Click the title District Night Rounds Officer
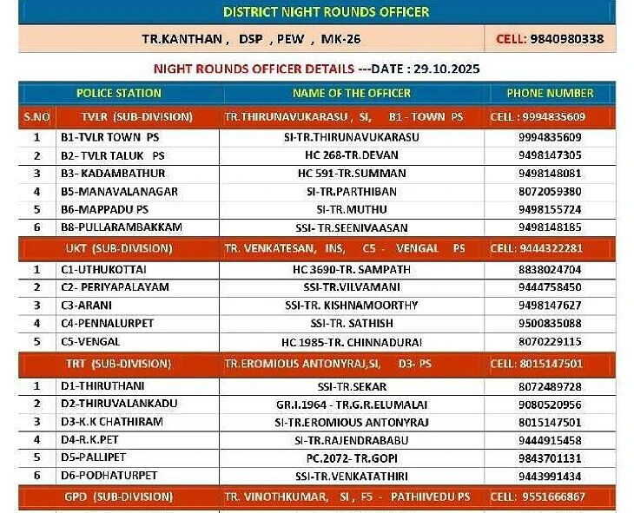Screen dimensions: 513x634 click(326, 12)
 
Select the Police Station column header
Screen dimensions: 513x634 click(119, 93)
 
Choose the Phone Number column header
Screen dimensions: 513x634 click(550, 93)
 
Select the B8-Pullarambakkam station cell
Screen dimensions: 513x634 click(121, 227)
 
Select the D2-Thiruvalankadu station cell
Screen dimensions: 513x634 click(119, 404)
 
